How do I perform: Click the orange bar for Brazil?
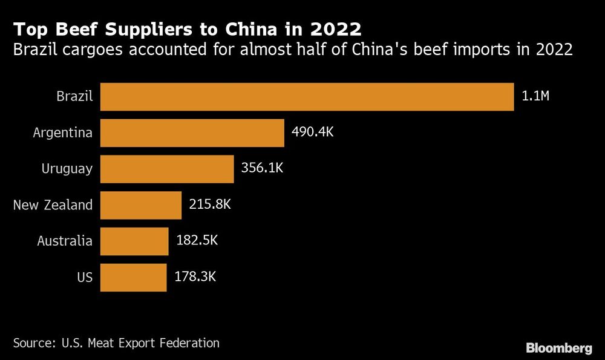pos(307,97)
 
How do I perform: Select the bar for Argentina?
pos(192,133)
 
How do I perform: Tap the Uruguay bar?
pos(167,169)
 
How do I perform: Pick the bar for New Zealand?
pos(140,205)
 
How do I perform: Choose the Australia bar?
pos(134,241)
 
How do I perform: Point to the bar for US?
pos(133,277)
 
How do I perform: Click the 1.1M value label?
pos(534,96)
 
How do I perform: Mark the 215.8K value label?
pos(209,205)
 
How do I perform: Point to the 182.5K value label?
pos(196,241)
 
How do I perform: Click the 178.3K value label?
pos(195,277)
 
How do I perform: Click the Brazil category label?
pos(74,97)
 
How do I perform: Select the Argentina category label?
pos(63,133)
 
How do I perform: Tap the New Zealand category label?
pos(53,205)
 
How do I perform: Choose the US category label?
pos(85,277)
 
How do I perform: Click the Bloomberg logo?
pos(558,348)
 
